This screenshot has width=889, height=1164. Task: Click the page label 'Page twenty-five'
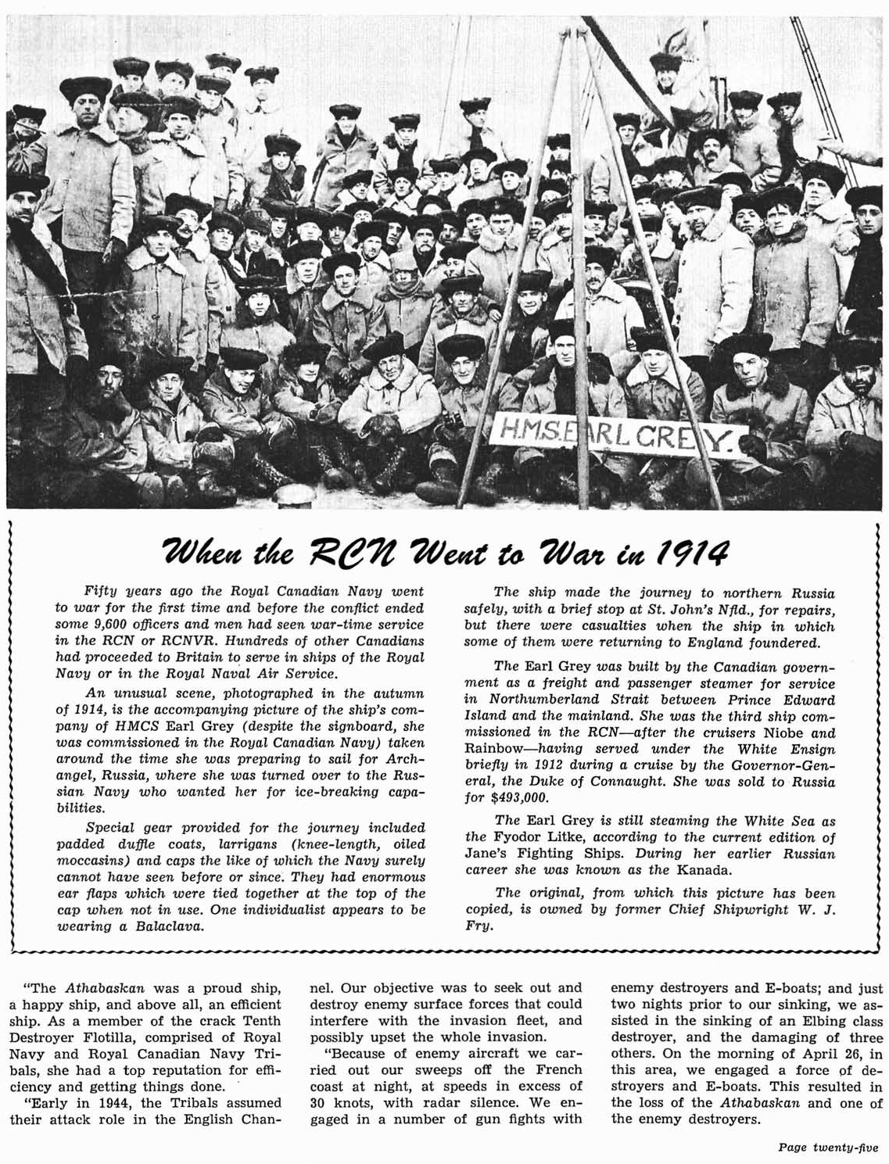tap(827, 1148)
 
